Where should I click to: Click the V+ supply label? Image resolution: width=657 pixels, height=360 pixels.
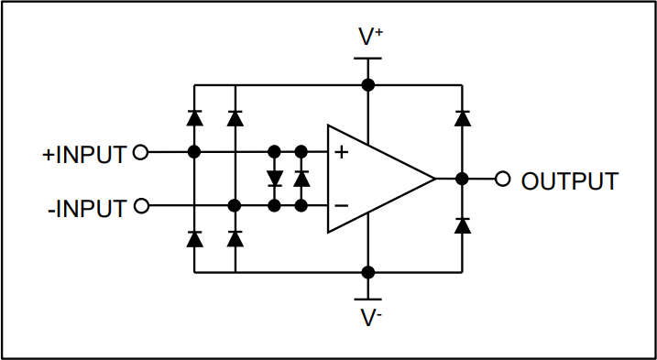click(370, 38)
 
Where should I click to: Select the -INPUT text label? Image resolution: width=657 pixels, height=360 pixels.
click(86, 208)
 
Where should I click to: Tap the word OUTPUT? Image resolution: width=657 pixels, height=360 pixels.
click(569, 180)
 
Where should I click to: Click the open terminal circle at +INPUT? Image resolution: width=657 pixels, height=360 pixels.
click(140, 153)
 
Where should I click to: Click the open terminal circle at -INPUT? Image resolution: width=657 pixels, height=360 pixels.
click(140, 206)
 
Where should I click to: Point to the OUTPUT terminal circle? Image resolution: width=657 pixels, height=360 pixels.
click(502, 180)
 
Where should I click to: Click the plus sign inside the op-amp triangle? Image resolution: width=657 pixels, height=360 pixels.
click(341, 153)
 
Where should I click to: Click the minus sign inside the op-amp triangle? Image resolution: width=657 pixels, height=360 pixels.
click(341, 206)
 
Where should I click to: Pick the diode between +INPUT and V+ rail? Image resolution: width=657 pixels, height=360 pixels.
click(194, 117)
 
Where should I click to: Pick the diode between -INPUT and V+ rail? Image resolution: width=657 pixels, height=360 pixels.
click(235, 117)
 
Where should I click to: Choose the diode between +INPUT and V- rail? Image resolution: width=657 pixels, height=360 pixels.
click(194, 238)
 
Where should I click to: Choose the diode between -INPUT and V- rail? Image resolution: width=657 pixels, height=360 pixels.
click(235, 238)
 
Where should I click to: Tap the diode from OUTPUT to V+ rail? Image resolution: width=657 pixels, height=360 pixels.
click(462, 117)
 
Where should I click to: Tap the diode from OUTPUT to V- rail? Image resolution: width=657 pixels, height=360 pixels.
click(462, 224)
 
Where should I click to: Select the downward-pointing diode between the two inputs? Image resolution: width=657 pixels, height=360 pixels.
click(274, 179)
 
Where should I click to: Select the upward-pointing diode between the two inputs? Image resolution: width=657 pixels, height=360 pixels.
click(301, 179)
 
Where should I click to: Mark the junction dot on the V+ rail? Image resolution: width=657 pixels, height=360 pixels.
click(368, 85)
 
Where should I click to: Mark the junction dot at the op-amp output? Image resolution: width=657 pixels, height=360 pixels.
click(462, 180)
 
